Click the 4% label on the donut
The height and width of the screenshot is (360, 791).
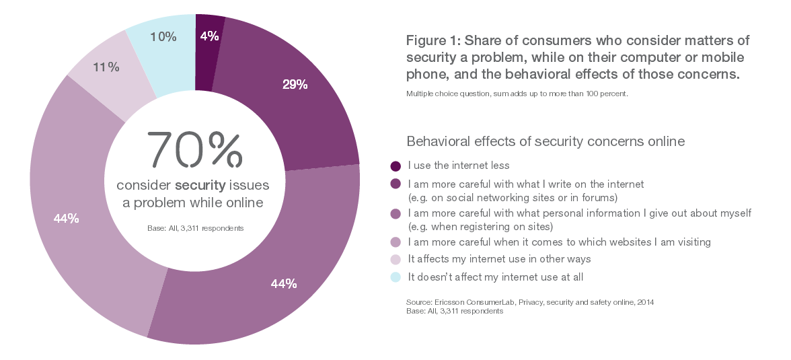[209, 37]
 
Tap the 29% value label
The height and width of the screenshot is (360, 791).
[295, 84]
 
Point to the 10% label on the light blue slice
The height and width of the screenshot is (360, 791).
[164, 37]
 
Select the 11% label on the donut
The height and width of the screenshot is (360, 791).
[106, 67]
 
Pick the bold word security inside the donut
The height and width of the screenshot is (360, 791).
[199, 185]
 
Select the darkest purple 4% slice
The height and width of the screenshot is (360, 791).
[208, 61]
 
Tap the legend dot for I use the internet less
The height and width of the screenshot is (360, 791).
[396, 166]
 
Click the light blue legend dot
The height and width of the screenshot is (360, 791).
[396, 277]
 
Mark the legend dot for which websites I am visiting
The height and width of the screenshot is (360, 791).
[396, 242]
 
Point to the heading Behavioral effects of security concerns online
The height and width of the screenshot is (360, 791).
[545, 141]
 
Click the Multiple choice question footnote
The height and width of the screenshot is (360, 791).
[517, 94]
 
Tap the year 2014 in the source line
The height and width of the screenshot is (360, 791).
[644, 303]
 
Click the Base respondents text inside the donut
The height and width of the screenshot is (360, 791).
[195, 229]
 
